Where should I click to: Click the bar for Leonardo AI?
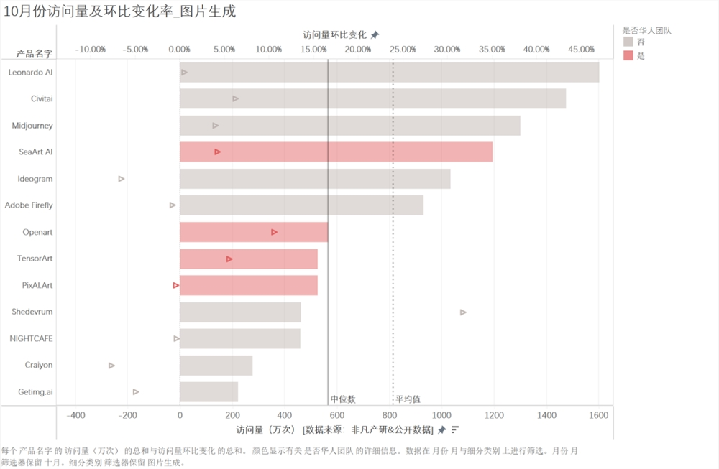(389, 73)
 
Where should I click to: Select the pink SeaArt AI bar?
(336, 152)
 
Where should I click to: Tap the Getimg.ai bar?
(209, 392)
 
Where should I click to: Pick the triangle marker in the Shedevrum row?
(463, 312)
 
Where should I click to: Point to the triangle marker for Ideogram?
(122, 179)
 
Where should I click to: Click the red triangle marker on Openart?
(274, 232)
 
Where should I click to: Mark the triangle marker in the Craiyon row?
(111, 366)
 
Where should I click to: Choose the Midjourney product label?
(32, 126)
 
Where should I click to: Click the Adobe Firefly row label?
(29, 205)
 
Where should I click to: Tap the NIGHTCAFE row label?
(31, 338)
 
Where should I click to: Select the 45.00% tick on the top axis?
(581, 50)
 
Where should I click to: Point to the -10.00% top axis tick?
(91, 50)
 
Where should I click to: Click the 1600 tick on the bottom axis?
(598, 415)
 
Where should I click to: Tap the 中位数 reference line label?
(343, 399)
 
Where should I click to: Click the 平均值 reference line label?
(408, 399)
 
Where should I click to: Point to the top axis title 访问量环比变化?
(335, 34)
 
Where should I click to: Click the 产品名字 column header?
(35, 54)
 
